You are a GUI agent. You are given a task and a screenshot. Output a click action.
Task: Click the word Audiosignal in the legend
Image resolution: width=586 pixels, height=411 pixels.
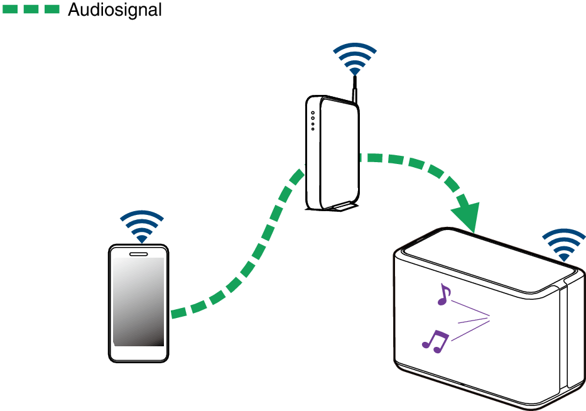tap(114, 9)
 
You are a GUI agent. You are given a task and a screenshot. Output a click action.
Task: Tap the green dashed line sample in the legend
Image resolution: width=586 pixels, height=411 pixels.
tap(31, 9)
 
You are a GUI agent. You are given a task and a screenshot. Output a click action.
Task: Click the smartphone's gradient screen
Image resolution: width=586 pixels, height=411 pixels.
tap(138, 302)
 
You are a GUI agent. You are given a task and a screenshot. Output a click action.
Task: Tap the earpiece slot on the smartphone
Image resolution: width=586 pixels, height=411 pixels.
tap(138, 254)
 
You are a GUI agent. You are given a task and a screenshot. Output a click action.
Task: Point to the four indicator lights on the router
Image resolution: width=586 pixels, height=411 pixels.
tap(312, 121)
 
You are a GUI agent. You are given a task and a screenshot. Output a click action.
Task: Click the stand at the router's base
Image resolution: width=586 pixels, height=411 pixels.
tap(339, 205)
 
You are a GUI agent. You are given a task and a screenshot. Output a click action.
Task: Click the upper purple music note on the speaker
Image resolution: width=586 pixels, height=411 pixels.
tap(444, 294)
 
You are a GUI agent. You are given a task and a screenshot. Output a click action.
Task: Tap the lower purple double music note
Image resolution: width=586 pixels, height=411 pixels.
tap(435, 339)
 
